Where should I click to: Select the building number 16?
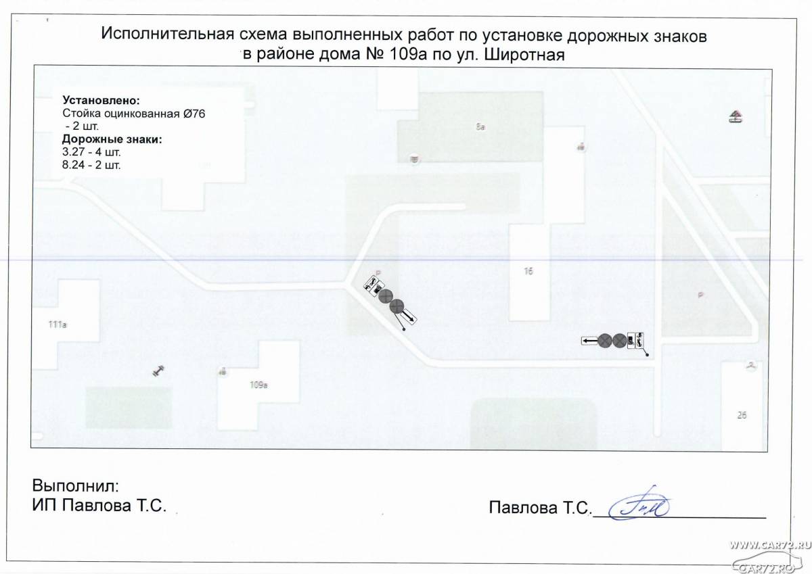pyautogui.click(x=528, y=272)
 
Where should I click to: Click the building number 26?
pyautogui.click(x=741, y=416)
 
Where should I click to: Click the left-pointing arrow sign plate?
pyautogui.click(x=589, y=340)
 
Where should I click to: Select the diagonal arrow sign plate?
pyautogui.click(x=409, y=316)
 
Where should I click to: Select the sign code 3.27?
pyautogui.click(x=73, y=152)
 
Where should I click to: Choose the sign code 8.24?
pyautogui.click(x=73, y=164)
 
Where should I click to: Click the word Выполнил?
pyautogui.click(x=75, y=485)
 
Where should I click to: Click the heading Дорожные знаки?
pyautogui.click(x=112, y=140)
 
